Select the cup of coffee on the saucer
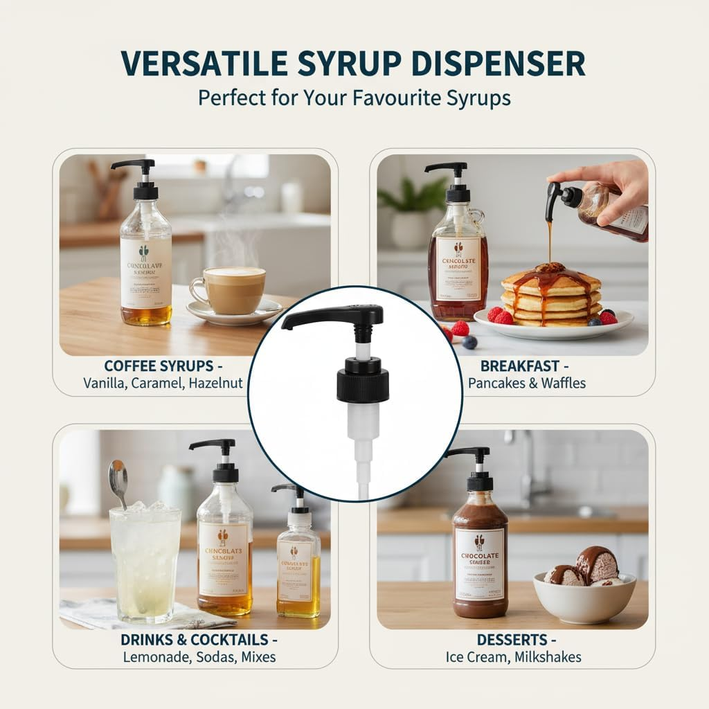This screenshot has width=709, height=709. click(228, 290)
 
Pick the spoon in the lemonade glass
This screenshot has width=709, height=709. click(118, 481)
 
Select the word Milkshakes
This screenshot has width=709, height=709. click(547, 656)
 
